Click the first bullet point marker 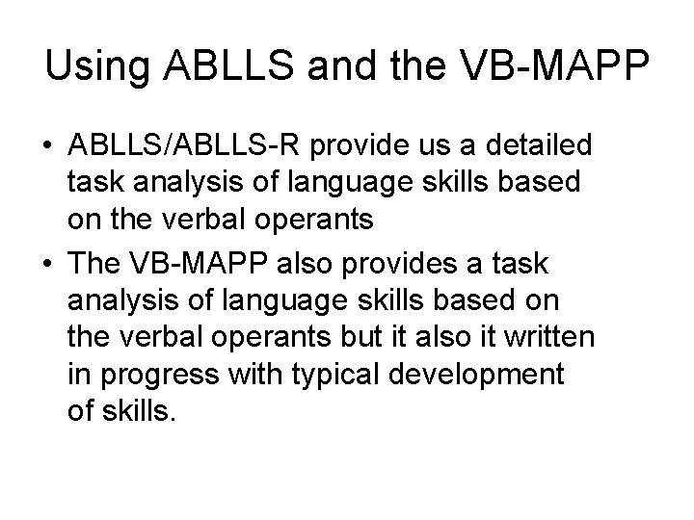pyautogui.click(x=45, y=147)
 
